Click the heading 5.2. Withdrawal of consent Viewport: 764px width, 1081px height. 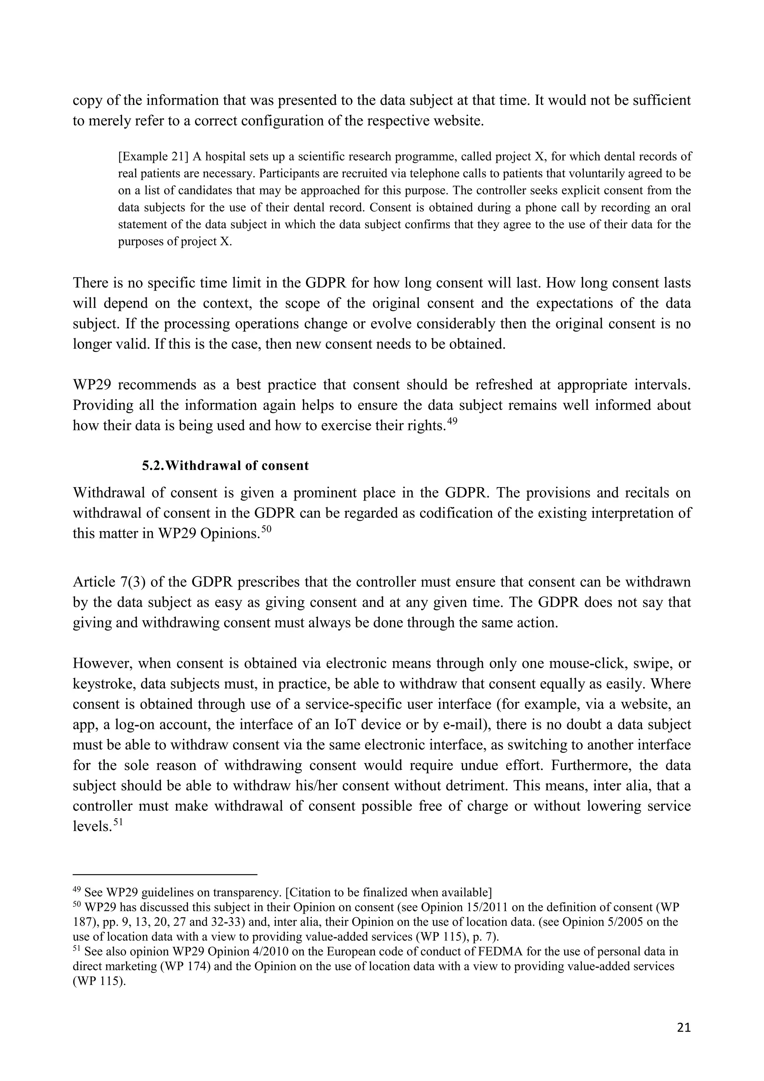coord(225,465)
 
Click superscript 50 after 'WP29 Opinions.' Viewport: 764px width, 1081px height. coord(267,530)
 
